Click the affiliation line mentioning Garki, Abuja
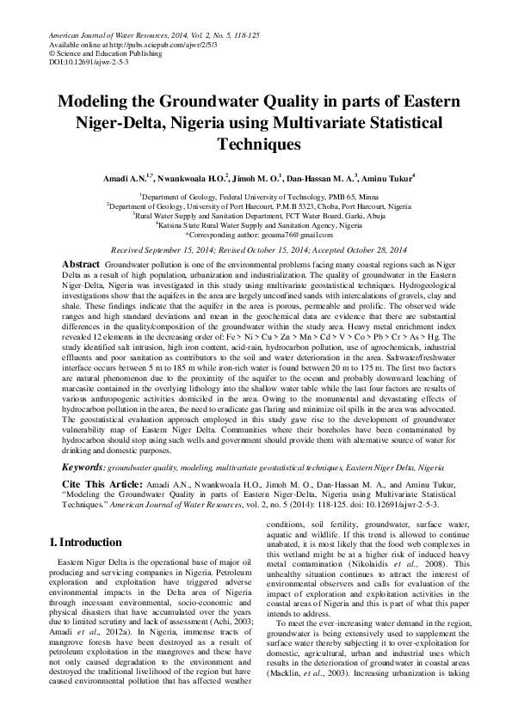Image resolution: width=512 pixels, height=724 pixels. coord(256,216)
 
